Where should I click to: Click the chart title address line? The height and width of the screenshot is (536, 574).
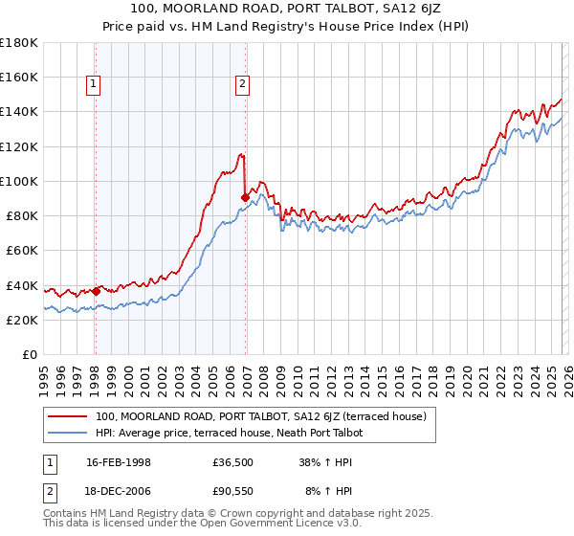click(x=286, y=9)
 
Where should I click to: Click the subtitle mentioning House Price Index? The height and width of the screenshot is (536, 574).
click(x=286, y=26)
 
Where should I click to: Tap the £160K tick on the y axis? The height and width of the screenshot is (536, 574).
click(x=19, y=77)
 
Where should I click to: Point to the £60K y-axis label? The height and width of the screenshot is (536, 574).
click(x=22, y=250)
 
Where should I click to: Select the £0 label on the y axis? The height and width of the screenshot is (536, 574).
click(x=30, y=354)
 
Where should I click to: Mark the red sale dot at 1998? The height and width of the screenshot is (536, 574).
click(x=96, y=291)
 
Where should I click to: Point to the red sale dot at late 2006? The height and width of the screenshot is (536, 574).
click(x=246, y=197)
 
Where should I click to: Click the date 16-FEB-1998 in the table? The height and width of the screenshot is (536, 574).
click(x=119, y=462)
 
